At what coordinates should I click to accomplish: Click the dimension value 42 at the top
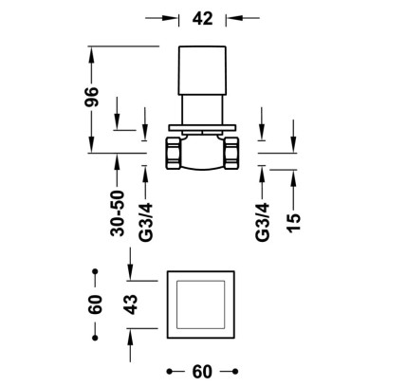coord(202,18)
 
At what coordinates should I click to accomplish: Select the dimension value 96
coord(92,97)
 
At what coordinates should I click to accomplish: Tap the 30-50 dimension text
coord(118,213)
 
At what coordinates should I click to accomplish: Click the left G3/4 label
coord(145,222)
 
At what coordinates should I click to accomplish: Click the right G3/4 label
coord(263,222)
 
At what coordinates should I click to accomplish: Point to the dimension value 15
coord(294,223)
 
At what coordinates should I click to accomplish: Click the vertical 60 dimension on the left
coord(95,304)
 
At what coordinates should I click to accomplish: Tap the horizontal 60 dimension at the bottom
coord(202,372)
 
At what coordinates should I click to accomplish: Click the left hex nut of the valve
coord(173,154)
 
